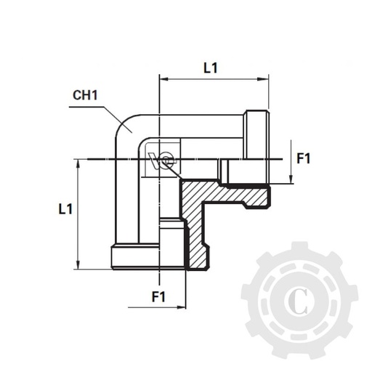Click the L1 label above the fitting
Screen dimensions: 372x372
click(211, 68)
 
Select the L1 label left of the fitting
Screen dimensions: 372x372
click(65, 209)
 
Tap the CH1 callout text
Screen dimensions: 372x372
click(86, 96)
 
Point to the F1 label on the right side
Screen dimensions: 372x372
click(304, 158)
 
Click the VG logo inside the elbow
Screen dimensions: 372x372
click(163, 159)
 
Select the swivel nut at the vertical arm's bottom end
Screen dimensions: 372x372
click(135, 257)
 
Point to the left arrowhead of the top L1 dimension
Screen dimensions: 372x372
click(163, 78)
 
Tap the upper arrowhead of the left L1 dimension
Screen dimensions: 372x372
click(76, 163)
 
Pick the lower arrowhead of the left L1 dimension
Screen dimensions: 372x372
click(76, 265)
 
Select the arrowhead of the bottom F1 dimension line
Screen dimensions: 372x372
click(182, 307)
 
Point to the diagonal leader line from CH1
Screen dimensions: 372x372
click(117, 118)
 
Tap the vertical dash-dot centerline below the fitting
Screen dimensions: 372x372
click(158, 280)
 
